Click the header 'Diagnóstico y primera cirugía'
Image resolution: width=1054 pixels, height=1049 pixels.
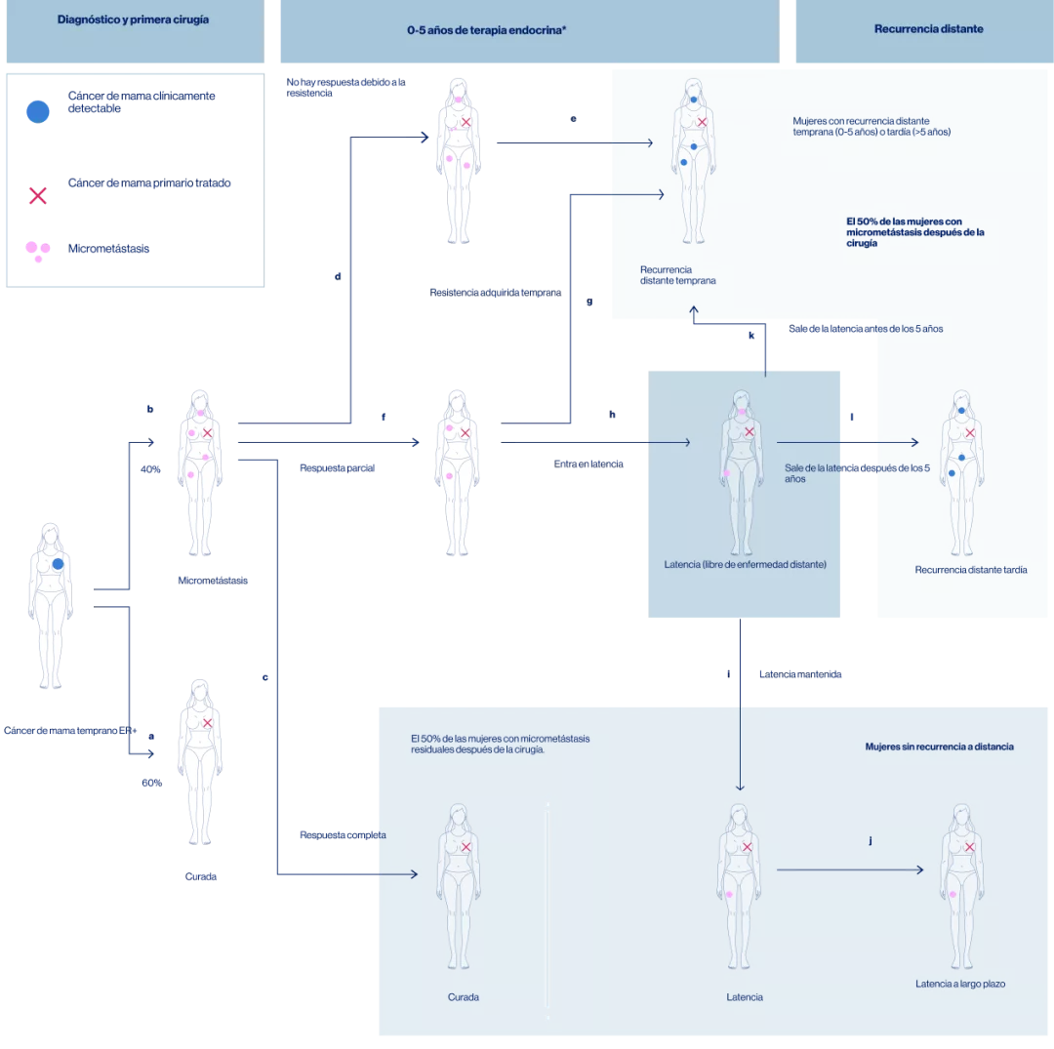(x=133, y=20)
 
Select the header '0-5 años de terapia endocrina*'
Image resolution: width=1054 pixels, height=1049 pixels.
(x=487, y=30)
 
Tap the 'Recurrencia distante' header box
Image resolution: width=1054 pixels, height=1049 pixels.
(x=928, y=29)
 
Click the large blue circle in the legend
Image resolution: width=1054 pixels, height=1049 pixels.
(x=37, y=111)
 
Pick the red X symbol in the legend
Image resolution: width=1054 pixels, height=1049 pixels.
(x=37, y=195)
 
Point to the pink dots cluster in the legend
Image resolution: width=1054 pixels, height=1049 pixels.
(x=38, y=251)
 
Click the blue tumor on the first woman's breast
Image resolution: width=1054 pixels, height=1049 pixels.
(x=58, y=564)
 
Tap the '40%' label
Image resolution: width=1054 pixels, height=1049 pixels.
(x=150, y=468)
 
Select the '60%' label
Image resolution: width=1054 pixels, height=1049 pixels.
(x=151, y=783)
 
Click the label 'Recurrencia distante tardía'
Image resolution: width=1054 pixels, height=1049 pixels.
(x=970, y=570)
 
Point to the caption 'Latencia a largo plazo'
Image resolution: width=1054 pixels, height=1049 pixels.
(x=959, y=984)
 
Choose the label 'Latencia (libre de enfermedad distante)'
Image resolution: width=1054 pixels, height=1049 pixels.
(x=745, y=564)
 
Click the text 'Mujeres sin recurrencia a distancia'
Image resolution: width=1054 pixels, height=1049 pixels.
(x=939, y=746)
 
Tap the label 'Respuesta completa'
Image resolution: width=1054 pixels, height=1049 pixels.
(x=343, y=835)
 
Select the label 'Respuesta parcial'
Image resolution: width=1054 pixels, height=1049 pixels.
(x=338, y=467)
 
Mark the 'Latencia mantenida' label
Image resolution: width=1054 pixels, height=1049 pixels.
(x=800, y=674)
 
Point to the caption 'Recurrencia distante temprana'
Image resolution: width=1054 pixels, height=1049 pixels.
(x=677, y=275)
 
